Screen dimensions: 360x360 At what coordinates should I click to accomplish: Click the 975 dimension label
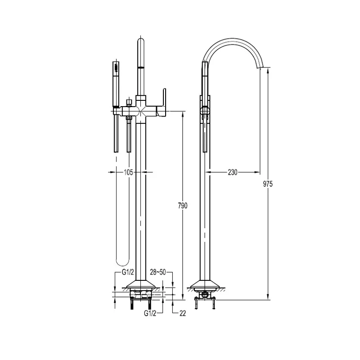point(268,184)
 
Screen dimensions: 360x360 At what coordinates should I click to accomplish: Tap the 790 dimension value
point(183,206)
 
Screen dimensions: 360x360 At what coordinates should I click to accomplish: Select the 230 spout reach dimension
point(233,172)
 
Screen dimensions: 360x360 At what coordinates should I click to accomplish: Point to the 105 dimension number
point(128,172)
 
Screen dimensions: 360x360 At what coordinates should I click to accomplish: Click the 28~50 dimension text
point(158,272)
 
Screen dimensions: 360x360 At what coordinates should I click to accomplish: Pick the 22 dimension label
point(183,313)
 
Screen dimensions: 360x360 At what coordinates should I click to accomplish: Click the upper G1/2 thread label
point(128,272)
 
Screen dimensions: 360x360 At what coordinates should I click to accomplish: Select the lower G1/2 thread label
point(150,313)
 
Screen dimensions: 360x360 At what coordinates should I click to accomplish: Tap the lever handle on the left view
point(162,102)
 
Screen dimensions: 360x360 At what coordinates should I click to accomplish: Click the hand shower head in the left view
point(116,84)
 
